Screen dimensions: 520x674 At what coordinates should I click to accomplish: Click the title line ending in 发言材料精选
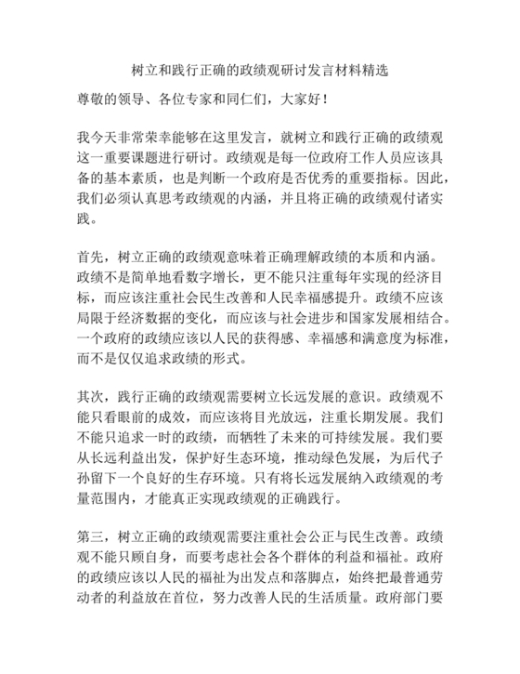(259, 71)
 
